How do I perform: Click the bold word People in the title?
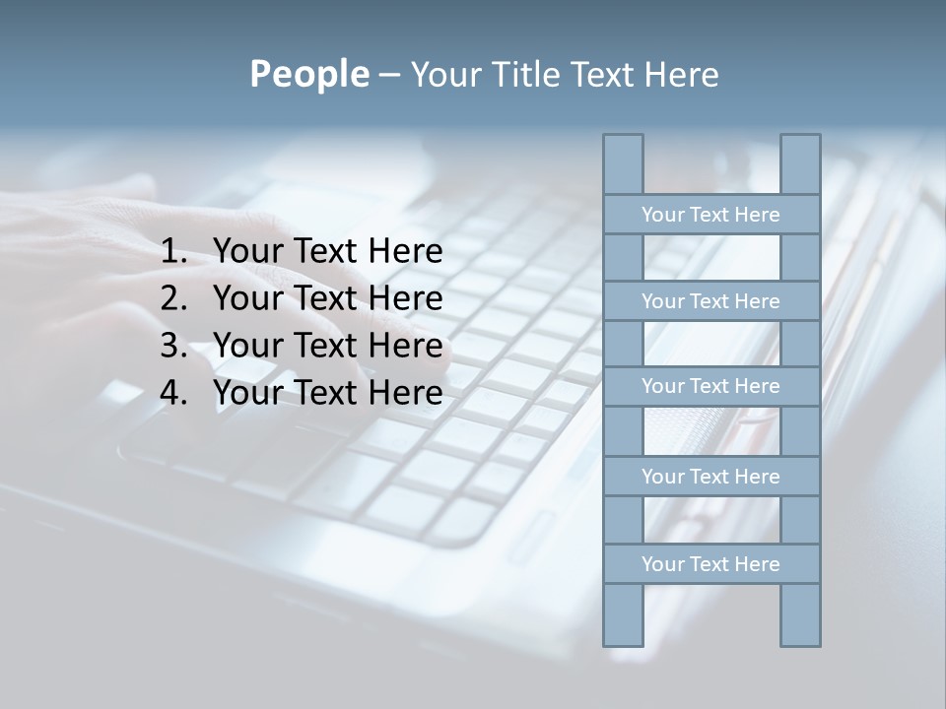click(x=308, y=74)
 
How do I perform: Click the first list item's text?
click(x=327, y=252)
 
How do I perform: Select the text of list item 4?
click(x=327, y=393)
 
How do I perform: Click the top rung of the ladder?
click(x=710, y=215)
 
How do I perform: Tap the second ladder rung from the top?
click(x=710, y=301)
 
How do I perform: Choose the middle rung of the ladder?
click(x=710, y=386)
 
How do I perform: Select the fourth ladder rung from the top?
click(x=710, y=477)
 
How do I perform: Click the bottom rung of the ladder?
click(x=710, y=564)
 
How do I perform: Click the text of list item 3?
click(x=327, y=346)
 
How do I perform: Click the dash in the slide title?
click(x=388, y=75)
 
